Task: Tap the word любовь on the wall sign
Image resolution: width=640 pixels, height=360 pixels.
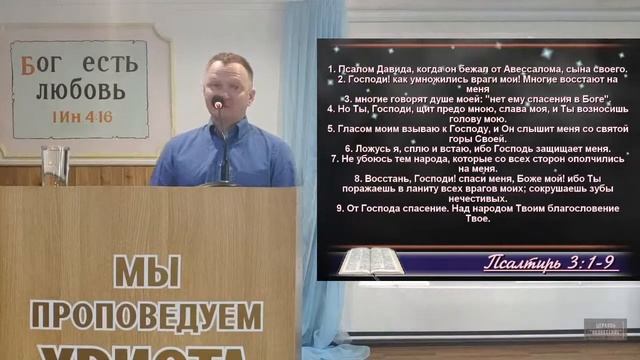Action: (82, 91)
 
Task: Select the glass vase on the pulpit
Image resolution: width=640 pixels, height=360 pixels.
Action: (56, 165)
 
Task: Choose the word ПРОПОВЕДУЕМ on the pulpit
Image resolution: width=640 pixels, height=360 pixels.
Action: (146, 316)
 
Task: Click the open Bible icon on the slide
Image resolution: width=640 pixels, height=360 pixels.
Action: (369, 261)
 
